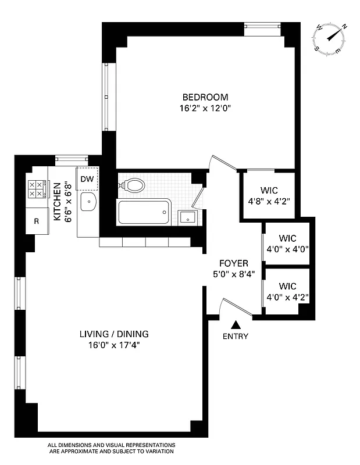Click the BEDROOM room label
(x=205, y=97)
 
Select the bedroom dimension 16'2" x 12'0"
(x=205, y=108)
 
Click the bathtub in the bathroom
(x=145, y=212)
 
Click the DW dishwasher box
(x=87, y=179)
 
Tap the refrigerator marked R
(x=36, y=221)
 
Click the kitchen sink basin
(x=88, y=203)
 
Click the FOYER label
(x=233, y=263)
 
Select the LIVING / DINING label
(x=114, y=334)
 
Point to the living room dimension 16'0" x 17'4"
(x=114, y=345)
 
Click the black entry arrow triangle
(x=236, y=325)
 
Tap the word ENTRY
(x=236, y=336)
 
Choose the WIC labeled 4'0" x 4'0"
(x=288, y=243)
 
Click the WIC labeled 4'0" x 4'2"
(x=288, y=291)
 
